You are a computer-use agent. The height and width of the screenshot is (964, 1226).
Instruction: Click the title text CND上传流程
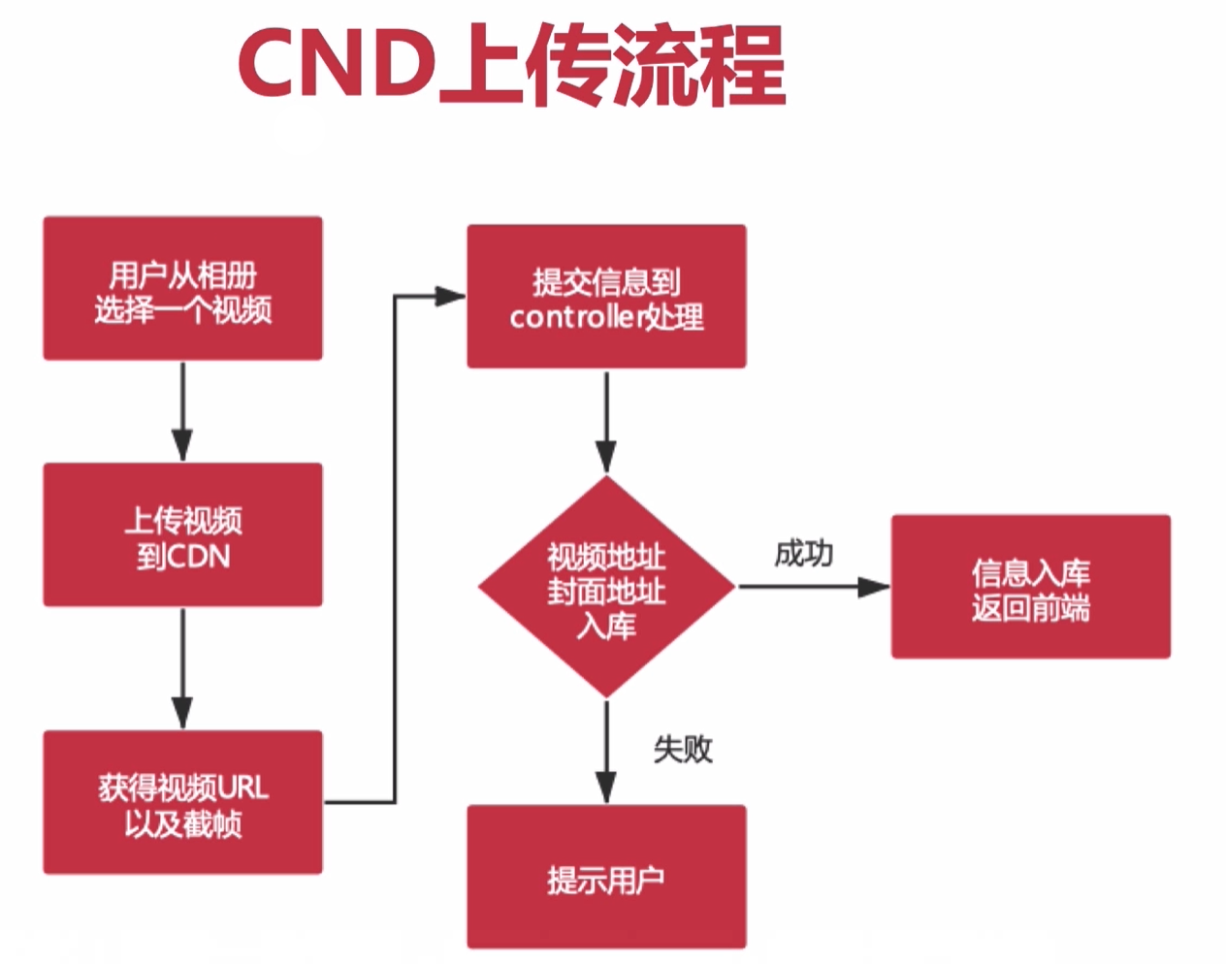[x=511, y=65]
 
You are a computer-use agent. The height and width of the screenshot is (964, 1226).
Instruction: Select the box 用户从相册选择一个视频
[x=182, y=289]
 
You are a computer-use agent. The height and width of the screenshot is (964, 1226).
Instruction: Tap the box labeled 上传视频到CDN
[x=182, y=535]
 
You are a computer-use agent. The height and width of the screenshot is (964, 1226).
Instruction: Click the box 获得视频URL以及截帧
[x=182, y=803]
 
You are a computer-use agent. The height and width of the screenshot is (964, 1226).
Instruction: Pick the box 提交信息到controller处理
[x=606, y=297]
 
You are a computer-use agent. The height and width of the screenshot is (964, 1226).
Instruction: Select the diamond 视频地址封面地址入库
[x=606, y=587]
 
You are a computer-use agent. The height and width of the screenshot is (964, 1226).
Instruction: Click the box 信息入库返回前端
[x=1030, y=588]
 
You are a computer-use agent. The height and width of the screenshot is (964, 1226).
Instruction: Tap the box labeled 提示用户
[x=606, y=877]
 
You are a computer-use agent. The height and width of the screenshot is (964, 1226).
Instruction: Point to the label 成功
[x=803, y=554]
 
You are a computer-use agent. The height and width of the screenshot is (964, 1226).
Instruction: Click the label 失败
[x=683, y=749]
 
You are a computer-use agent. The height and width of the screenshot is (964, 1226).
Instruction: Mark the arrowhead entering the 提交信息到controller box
[x=451, y=296]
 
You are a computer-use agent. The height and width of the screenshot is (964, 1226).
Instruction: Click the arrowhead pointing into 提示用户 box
[x=606, y=787]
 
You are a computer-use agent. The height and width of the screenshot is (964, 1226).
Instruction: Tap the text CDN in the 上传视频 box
[x=199, y=556]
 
